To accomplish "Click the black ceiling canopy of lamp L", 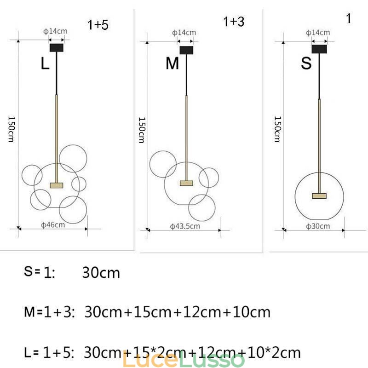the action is click(x=56, y=48).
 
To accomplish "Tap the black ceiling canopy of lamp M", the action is click(x=186, y=50).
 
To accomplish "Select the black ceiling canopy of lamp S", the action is click(x=319, y=49).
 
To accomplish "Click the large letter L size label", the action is click(x=45, y=63).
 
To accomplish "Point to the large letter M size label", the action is click(x=172, y=63).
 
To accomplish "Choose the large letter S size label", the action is click(x=306, y=63).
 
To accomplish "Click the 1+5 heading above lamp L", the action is click(x=98, y=25).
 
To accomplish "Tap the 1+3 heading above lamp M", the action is click(x=234, y=22).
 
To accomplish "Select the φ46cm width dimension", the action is click(x=53, y=225).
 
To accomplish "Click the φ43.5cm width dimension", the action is click(x=185, y=226).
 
